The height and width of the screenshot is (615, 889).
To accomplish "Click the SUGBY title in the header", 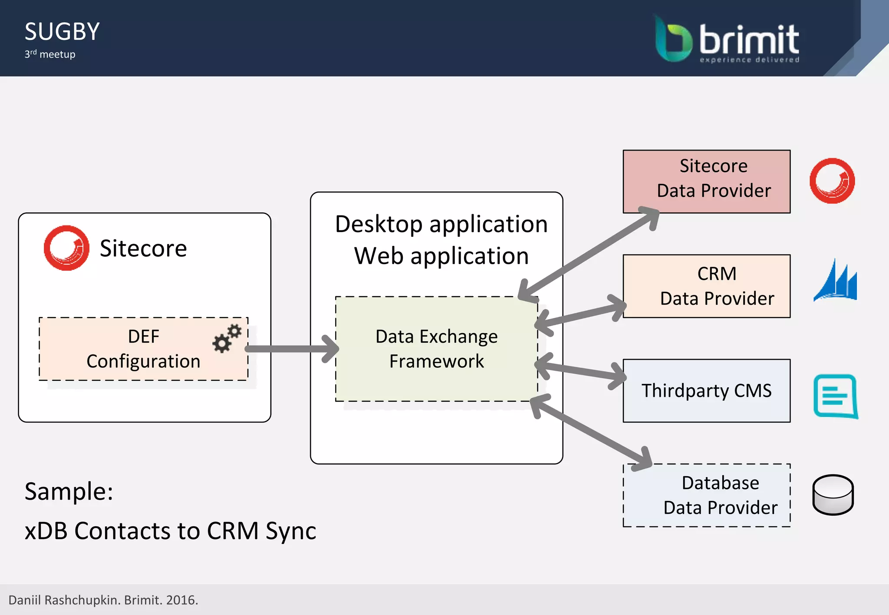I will coord(62,32).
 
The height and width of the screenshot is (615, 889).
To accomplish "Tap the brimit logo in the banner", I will coord(727,39).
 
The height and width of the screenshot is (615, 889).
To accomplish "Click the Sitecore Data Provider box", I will coord(706,181).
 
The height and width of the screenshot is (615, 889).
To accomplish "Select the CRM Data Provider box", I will coord(706,286).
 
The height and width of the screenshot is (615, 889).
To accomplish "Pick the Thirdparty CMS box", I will coord(706,390).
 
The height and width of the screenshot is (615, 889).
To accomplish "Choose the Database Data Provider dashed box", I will coord(706,495).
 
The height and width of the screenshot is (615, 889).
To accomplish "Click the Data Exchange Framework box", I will coord(436,349).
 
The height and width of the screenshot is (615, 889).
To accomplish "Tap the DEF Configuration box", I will coord(143,349).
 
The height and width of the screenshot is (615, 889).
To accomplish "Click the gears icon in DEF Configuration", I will coord(227,338).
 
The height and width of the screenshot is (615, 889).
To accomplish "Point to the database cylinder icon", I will coord(833,494).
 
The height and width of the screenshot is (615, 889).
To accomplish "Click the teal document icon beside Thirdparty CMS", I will coord(835,396).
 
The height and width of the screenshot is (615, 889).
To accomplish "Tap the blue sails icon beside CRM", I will coord(835,281).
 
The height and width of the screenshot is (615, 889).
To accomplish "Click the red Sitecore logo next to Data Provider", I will coord(832,180).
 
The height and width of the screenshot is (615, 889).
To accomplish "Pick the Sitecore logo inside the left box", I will coord(66,248).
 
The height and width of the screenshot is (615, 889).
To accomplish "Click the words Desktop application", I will coord(441,224).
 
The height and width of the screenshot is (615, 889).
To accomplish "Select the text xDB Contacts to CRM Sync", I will coord(170,530).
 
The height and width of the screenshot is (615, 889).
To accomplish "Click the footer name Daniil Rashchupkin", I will coord(64,600).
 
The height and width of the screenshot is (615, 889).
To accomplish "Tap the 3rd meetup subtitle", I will coord(50,54).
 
